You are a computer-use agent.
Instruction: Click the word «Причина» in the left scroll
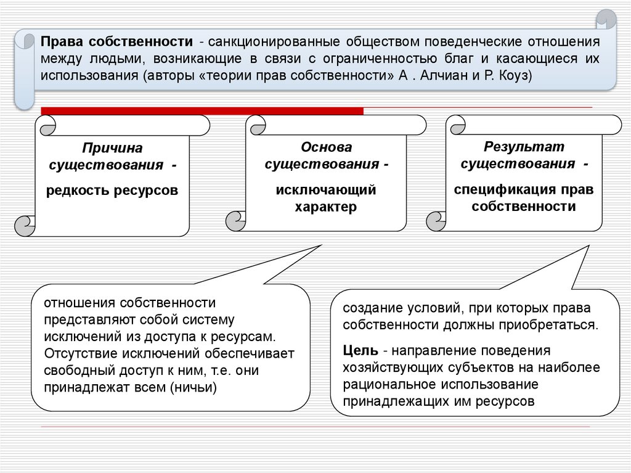[112, 149]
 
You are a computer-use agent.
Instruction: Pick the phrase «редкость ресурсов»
[112, 191]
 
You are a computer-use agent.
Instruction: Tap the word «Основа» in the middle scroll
[326, 147]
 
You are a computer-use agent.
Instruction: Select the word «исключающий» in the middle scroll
[326, 190]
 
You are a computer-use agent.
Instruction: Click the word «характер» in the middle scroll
[326, 207]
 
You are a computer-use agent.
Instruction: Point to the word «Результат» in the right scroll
[524, 147]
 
